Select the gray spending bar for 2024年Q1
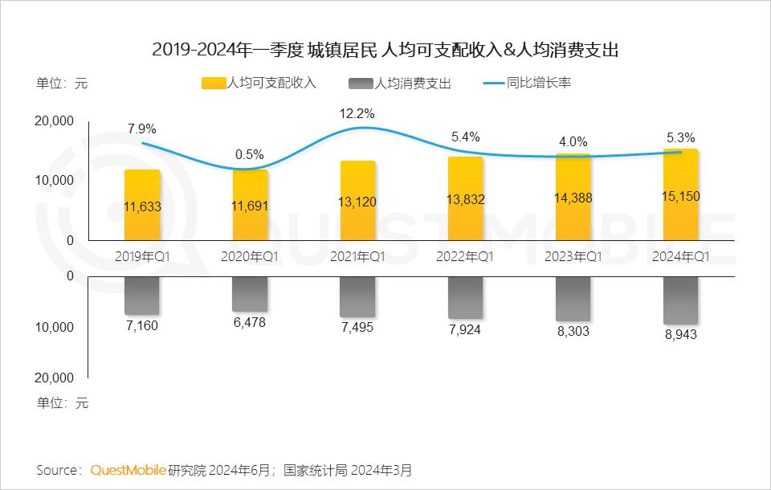[680, 300]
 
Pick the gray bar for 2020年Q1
[250, 294]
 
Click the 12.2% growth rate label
[357, 113]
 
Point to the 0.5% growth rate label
[250, 154]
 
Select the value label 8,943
[680, 334]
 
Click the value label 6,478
[250, 322]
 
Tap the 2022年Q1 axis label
[466, 256]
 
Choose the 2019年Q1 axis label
[142, 256]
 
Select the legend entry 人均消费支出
[402, 84]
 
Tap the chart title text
[385, 50]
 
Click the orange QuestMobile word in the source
[128, 469]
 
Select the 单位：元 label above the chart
[62, 83]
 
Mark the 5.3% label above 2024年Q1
[680, 137]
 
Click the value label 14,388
[573, 200]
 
